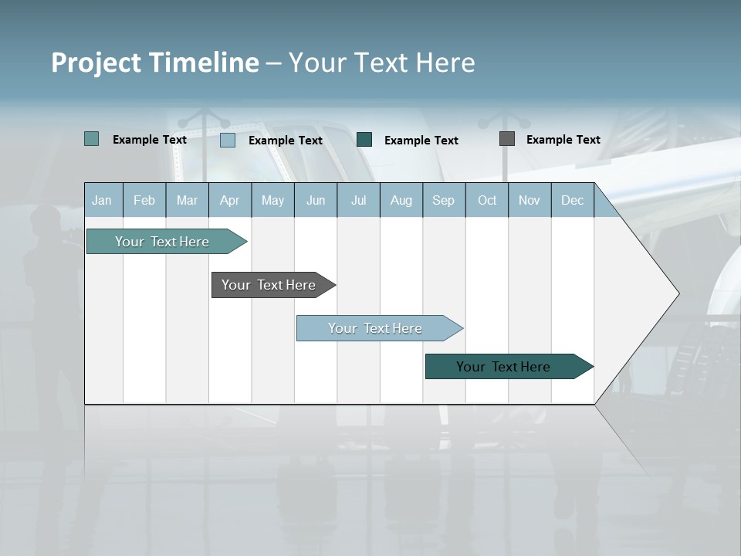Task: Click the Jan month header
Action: [x=102, y=201]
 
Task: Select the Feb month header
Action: [x=144, y=201]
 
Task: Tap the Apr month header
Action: [x=229, y=201]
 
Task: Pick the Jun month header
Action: [x=316, y=201]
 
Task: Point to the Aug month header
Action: [x=401, y=201]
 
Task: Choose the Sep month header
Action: [x=443, y=201]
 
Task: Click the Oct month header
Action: [x=487, y=201]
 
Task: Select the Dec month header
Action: [x=572, y=201]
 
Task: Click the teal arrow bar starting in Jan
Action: [x=162, y=242]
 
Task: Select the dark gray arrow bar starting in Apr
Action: [x=269, y=285]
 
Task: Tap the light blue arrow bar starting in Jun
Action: [x=375, y=328]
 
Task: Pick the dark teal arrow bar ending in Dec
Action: [x=503, y=367]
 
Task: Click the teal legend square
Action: [x=92, y=139]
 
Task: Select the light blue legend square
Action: [x=228, y=140]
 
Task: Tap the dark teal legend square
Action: [x=364, y=140]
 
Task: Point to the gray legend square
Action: [x=507, y=139]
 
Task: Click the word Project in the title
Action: [x=96, y=63]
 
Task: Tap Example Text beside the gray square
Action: [x=563, y=140]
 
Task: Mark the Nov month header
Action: [x=530, y=201]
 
